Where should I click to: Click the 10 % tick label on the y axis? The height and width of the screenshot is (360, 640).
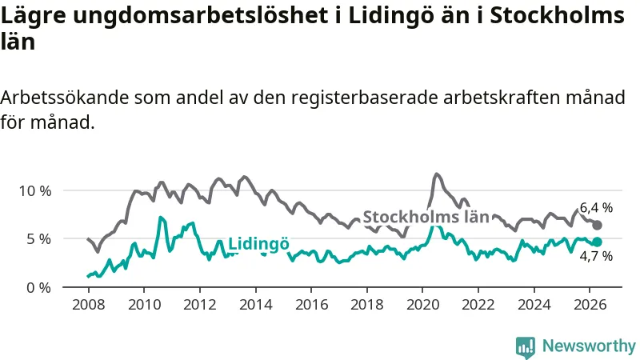35,190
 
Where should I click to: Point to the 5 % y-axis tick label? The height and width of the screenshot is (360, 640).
38,238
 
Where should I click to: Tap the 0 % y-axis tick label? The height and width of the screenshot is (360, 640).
38,288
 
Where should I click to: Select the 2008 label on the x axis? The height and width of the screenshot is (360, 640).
89,305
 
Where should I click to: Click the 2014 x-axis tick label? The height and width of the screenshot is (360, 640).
255,305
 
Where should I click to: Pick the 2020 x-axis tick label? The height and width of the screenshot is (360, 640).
422,305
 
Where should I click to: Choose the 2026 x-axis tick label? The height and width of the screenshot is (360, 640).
590,305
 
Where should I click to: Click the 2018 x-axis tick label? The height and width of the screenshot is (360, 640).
367,305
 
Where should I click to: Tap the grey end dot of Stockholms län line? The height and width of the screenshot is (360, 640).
597,225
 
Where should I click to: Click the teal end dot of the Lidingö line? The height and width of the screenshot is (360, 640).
597,242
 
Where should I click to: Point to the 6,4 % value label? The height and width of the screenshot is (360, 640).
596,208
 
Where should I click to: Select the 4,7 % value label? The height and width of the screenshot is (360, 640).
596,256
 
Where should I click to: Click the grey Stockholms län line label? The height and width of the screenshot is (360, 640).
426,217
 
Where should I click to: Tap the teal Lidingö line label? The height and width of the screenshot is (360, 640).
258,244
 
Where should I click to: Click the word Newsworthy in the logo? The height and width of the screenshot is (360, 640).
589,346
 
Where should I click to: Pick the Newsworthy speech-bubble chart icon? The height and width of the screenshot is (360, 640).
526,347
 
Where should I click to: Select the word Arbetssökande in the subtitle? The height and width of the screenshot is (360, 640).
65,98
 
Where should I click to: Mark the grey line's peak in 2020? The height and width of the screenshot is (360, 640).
437,174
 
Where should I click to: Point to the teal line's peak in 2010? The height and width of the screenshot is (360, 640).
161,217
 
